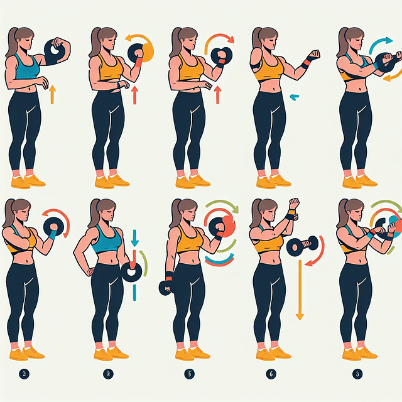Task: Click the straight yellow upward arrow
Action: [52, 94]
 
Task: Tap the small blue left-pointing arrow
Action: [294, 97]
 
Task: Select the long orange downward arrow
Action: [300, 289]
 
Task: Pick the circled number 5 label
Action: [188, 374]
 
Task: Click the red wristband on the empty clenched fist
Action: [305, 63]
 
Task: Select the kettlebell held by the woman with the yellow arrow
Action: [56, 50]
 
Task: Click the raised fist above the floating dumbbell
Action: [292, 206]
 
